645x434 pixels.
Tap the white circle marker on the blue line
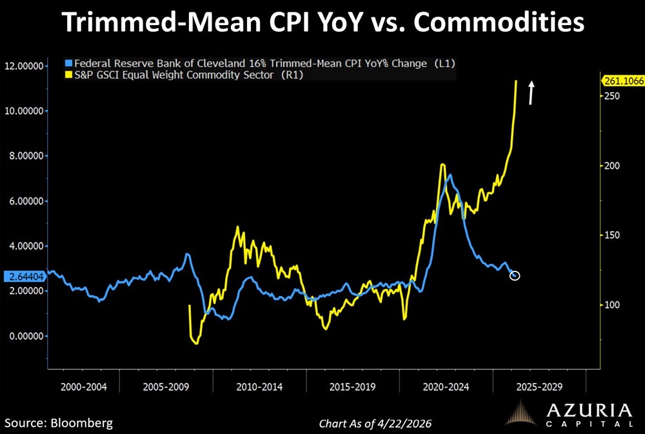514,276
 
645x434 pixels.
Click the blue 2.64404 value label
23,277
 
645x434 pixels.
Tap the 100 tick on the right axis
609,305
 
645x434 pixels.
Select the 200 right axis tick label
609,166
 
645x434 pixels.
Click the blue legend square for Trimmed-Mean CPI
69,64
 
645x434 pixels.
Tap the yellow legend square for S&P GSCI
69,75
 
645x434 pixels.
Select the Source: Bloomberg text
59,423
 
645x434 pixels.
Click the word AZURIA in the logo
587,411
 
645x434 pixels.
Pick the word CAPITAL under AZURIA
587,424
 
